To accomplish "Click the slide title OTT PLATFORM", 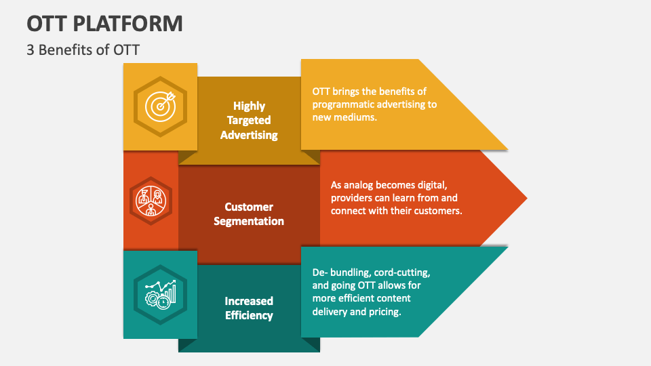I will click(105, 23).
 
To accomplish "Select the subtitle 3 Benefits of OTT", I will click(83, 49).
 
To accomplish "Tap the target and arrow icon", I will click(161, 106).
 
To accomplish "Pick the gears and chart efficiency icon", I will click(160, 293).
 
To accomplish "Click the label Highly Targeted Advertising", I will click(249, 120).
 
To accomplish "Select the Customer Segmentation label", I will click(249, 213).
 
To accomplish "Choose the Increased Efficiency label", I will click(249, 308).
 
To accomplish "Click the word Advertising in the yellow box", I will click(249, 134).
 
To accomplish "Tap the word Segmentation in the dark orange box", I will click(249, 221).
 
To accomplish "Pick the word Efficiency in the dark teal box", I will click(249, 315).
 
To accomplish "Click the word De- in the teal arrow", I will click(320, 272).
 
